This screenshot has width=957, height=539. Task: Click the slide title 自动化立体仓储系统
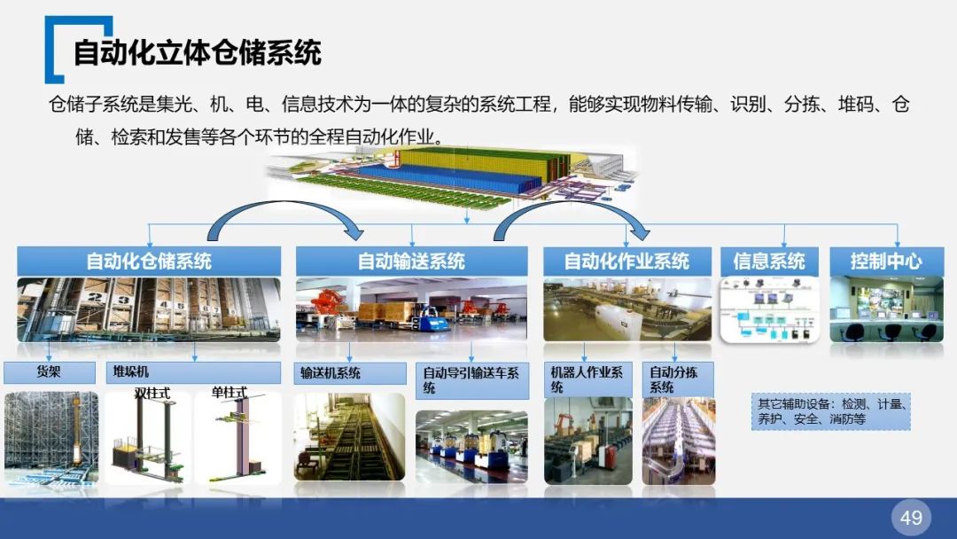point(197,52)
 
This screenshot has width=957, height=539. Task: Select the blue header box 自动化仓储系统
point(149,262)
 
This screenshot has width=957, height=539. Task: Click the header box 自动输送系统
point(411,262)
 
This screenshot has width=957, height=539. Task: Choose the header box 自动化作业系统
point(626,262)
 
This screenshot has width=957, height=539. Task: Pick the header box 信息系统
point(769,262)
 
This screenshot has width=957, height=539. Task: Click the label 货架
point(50,372)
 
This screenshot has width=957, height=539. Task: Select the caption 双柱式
point(152,393)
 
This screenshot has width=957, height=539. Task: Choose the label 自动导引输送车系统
point(471,380)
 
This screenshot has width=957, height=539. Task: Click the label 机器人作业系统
point(587,380)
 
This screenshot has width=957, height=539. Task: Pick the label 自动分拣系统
point(674,380)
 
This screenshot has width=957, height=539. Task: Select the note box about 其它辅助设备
point(829,411)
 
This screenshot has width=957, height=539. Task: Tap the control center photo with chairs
point(887,309)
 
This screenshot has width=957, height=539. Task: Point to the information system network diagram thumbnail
point(769,309)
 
